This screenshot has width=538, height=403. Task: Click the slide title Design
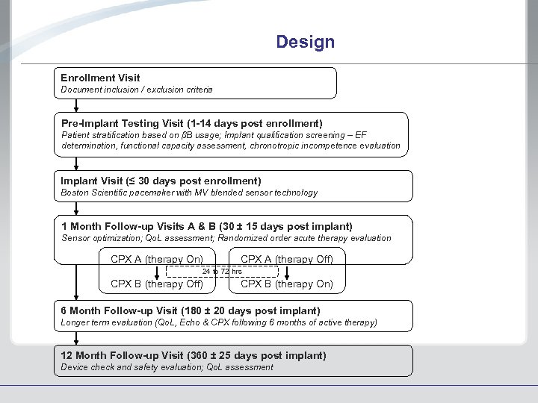coord(305,42)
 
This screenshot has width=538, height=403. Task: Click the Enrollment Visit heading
coord(100,78)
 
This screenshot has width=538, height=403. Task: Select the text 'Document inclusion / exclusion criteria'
coord(136,90)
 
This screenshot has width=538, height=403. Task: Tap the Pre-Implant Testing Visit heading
coord(191,123)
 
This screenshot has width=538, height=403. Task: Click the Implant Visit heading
coord(161,181)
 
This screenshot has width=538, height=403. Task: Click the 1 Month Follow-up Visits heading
coord(206,226)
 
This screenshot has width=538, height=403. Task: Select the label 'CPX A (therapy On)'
coord(156,259)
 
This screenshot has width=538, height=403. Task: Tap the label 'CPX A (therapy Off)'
coord(287,259)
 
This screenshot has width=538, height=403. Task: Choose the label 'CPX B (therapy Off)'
coord(157,284)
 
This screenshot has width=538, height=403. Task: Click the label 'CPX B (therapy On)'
coord(287,284)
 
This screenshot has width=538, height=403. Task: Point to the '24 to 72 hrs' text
coord(222,272)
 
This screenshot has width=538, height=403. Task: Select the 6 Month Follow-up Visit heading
coord(190,310)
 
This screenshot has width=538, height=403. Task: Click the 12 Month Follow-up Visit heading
coord(193,355)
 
